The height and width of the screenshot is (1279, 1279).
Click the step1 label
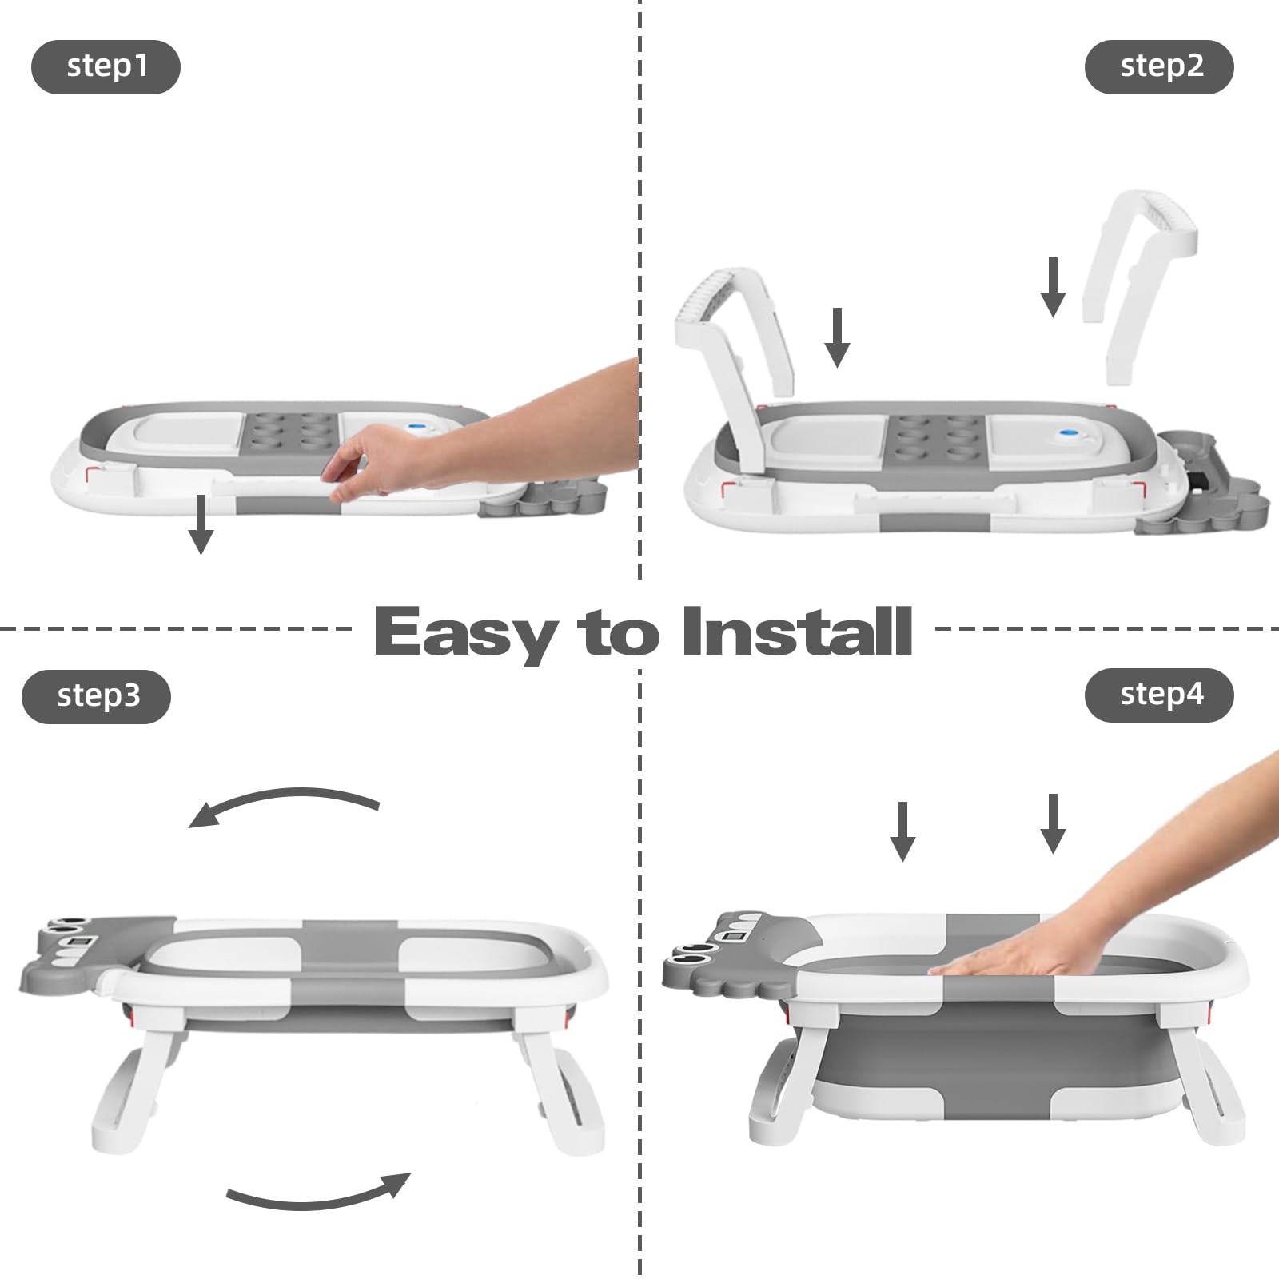tap(106, 66)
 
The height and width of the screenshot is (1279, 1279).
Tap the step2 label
tap(1159, 66)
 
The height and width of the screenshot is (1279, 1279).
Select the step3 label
tap(97, 696)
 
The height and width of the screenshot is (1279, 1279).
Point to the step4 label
tap(1159, 695)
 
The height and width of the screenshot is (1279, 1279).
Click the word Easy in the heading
tap(465, 634)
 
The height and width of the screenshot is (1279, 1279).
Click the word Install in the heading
tap(797, 632)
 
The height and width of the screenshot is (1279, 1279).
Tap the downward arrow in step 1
tap(201, 524)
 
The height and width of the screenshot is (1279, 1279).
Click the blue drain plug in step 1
tap(416, 428)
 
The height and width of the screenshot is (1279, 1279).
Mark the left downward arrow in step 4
tap(902, 831)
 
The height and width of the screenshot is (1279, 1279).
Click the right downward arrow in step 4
tap(1053, 823)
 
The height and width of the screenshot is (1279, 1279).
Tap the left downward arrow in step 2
tap(837, 337)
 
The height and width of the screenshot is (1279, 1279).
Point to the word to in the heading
tap(619, 633)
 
